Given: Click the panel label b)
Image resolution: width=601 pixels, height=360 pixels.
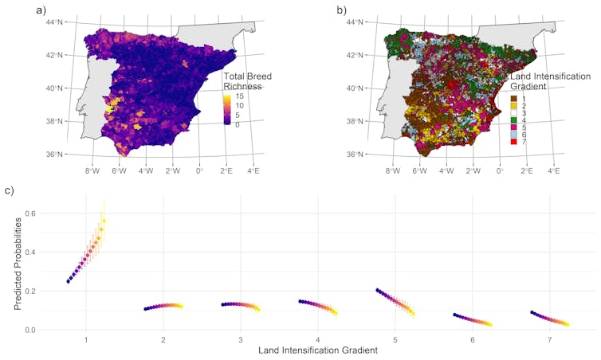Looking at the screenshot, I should [x=342, y=10].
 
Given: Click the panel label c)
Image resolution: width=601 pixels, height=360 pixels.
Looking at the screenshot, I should [x=10, y=191].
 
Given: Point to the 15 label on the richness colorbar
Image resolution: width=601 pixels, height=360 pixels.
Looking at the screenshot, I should [x=238, y=96].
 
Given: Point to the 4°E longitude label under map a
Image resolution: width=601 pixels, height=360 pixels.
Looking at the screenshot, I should [x=253, y=170].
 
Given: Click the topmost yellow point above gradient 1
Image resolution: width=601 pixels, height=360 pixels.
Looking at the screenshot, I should [x=104, y=221].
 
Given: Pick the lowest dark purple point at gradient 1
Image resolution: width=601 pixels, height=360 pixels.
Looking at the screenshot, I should [x=68, y=281].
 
